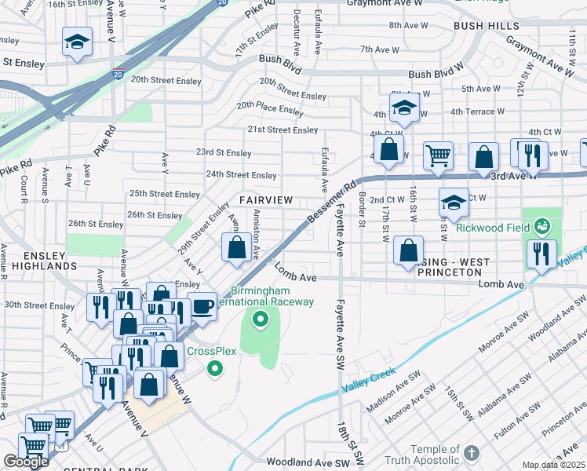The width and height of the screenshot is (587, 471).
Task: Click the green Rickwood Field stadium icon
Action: (542, 228)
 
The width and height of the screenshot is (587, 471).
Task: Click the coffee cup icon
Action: (202, 305)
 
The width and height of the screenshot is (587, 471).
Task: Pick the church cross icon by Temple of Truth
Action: (470, 453)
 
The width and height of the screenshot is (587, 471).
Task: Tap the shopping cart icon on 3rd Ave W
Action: (438, 155)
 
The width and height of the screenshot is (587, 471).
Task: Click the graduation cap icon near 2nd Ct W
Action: (454, 203)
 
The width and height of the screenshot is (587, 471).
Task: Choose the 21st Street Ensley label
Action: (283, 130)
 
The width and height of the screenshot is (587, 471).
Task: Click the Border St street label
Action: (362, 210)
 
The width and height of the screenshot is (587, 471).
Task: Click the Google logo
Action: (25, 462)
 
